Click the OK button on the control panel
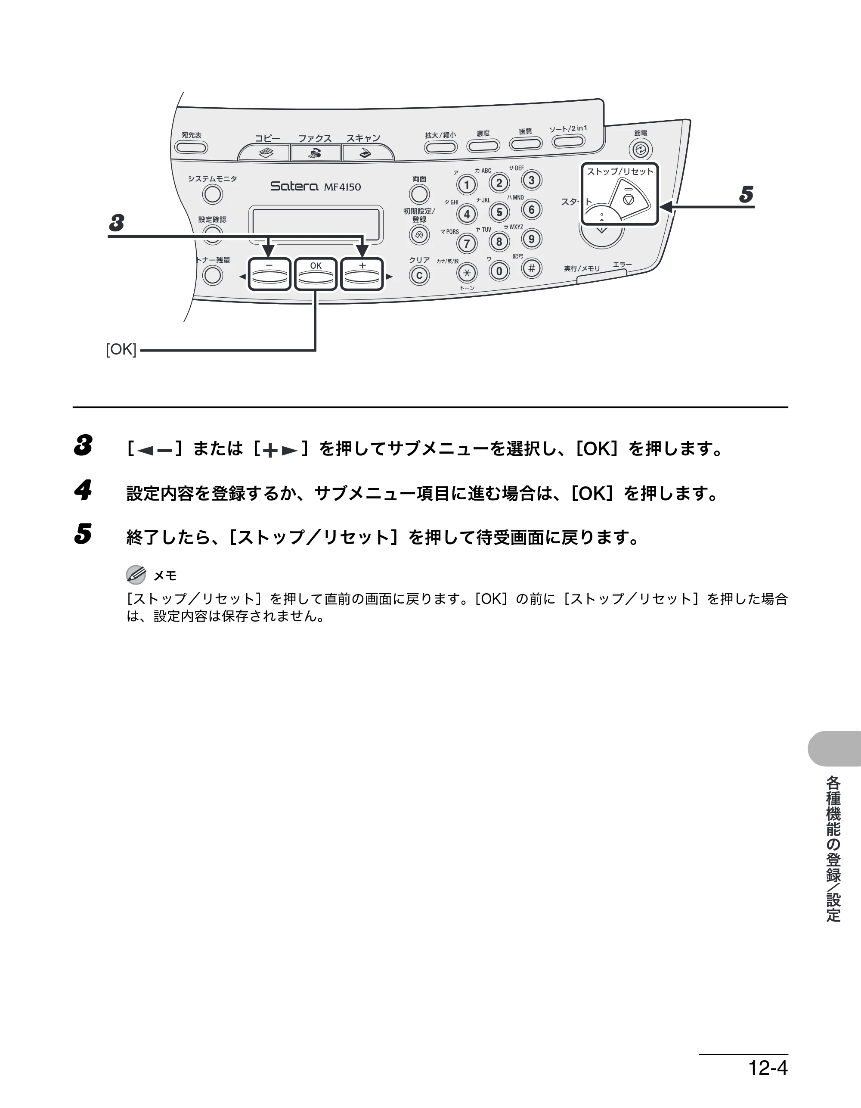click(316, 274)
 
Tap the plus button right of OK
click(362, 274)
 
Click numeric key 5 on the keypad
click(499, 212)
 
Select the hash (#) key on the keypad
click(531, 268)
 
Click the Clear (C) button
click(419, 275)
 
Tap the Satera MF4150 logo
click(316, 186)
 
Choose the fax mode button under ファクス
click(316, 152)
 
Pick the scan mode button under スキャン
click(367, 152)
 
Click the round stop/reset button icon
click(629, 199)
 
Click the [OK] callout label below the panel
click(121, 349)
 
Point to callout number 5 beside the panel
click(746, 194)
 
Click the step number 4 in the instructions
click(83, 490)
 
